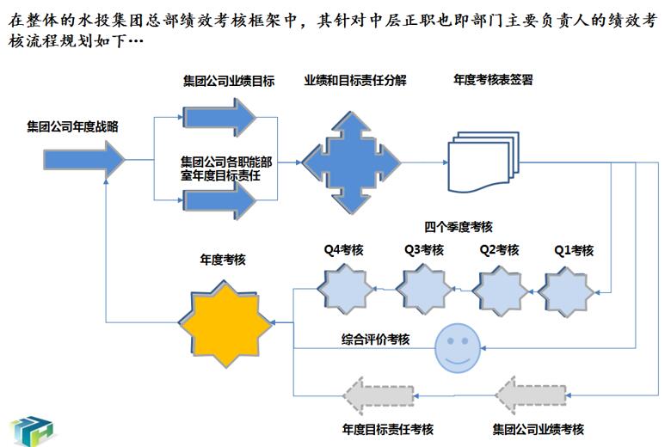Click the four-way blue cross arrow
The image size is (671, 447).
[351, 160]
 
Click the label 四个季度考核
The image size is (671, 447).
[459, 228]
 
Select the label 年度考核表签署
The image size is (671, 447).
[492, 80]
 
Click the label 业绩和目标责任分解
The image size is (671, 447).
[354, 80]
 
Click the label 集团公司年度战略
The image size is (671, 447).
[71, 127]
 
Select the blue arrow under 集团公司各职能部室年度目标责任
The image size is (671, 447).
[220, 201]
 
